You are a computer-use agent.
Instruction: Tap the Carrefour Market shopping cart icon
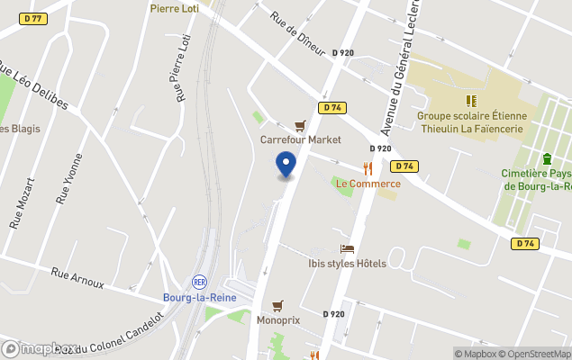300,126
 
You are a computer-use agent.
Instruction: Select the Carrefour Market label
301,139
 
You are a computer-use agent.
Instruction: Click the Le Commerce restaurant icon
368,168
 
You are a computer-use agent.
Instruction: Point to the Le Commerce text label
368,184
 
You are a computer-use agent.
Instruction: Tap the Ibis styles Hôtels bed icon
347,248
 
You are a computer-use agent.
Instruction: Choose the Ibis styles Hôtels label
347,264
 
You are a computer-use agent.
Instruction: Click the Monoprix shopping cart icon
277,305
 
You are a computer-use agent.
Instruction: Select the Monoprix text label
277,319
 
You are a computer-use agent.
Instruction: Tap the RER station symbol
200,282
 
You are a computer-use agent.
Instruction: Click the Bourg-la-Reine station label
199,297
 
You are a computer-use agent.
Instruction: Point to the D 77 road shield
34,18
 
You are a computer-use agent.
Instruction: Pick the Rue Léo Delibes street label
32,86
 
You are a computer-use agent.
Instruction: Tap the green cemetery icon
547,158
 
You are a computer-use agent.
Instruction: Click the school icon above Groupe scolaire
470,101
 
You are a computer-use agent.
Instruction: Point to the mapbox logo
40,348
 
